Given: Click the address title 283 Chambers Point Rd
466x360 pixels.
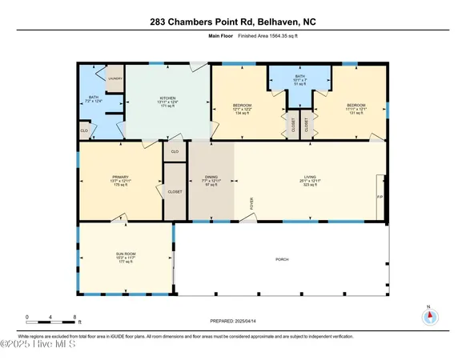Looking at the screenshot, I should click(x=232, y=23).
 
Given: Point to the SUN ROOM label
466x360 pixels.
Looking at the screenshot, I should click(x=126, y=256).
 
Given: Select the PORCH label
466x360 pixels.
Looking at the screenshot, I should click(x=282, y=259).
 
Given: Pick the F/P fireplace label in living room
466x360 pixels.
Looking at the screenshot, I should click(x=380, y=196).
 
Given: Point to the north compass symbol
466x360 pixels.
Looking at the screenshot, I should click(x=430, y=315).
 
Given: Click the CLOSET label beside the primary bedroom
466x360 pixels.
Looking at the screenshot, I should click(x=175, y=192).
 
